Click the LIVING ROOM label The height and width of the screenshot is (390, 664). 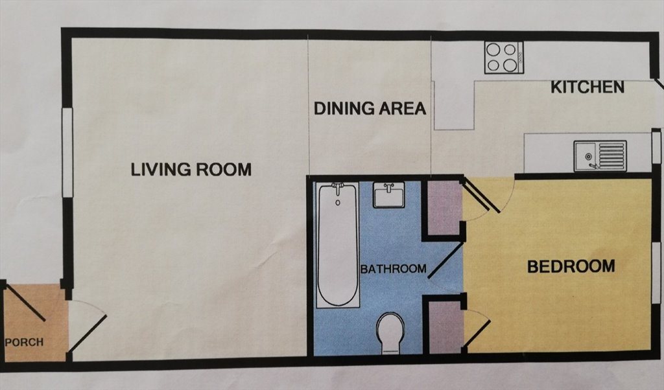pyautogui.click(x=191, y=170)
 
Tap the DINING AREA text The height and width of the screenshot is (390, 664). pyautogui.click(x=370, y=109)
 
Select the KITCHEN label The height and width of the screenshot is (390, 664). pyautogui.click(x=587, y=87)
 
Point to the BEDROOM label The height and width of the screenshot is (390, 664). pyautogui.click(x=571, y=266)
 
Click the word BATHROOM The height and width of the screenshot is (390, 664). pyautogui.click(x=393, y=269)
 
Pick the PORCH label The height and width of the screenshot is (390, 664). pyautogui.click(x=24, y=342)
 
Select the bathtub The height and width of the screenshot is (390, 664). pyautogui.click(x=338, y=245)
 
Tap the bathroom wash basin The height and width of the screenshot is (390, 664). pyautogui.click(x=389, y=194)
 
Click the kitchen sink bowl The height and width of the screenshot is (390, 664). pyautogui.click(x=586, y=156)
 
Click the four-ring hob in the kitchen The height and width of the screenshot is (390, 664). pyautogui.click(x=504, y=58)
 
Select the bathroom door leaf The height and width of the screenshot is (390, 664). pyautogui.click(x=446, y=260)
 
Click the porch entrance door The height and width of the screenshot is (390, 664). pyautogui.click(x=25, y=303)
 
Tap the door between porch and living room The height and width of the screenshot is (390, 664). pyautogui.click(x=88, y=333)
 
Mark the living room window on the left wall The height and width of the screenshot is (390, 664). pyautogui.click(x=67, y=152)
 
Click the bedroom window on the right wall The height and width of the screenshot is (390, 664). pyautogui.click(x=656, y=273)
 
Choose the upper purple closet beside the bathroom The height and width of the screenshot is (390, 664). pyautogui.click(x=444, y=208)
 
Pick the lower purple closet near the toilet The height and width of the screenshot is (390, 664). pyautogui.click(x=446, y=327)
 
